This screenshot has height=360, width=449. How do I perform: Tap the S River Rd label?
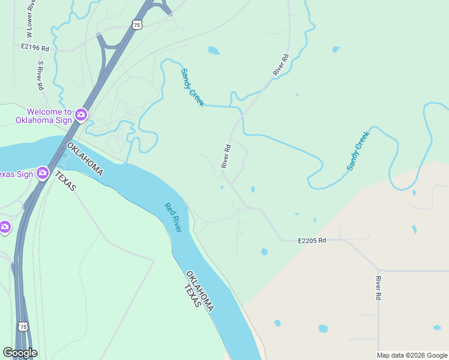coord(41,76)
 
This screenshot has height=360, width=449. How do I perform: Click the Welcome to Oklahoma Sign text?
coord(49,116)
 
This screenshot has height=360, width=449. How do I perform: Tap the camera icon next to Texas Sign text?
coord(43,174)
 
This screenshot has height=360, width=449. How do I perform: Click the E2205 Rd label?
coord(312,241)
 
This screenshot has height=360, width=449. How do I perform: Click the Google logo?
coord(20,353)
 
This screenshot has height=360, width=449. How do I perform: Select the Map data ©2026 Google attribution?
coord(412,355)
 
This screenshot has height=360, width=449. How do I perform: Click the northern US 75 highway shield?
coord(137,25)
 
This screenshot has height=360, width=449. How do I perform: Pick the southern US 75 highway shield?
coord(23,326)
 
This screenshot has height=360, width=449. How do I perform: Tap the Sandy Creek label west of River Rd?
coord(193,88)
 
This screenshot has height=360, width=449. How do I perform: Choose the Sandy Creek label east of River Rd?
coord(358,151)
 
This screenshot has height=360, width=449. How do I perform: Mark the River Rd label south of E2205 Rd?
coord(379,288)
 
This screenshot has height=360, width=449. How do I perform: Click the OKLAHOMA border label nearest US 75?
coord(85,159)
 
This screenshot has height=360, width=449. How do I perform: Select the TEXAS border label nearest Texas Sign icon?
coord(65,181)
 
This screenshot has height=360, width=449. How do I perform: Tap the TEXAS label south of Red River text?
coord(191,296)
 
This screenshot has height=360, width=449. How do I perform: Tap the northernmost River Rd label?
coord(281,65)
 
